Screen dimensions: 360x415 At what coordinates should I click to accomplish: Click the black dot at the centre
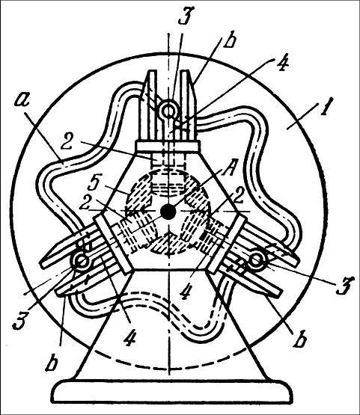click(168, 212)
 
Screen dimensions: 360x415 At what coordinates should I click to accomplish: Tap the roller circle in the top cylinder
click(168, 111)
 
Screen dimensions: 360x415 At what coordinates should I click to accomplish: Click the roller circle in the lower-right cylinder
click(256, 259)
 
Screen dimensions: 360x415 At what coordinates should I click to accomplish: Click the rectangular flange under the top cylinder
click(168, 147)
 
